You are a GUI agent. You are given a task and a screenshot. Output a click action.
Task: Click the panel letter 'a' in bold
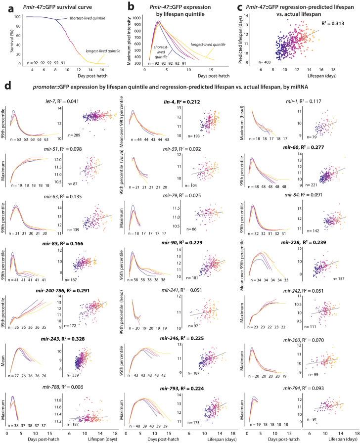point(6,6)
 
